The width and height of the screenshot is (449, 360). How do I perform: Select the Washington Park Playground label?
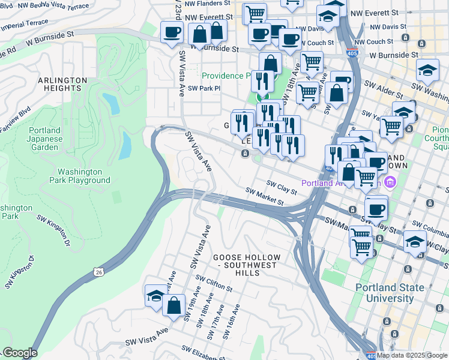tap(80, 175)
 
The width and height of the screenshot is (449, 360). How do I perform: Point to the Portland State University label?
tap(393, 293)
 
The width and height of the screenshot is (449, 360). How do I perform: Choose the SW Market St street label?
tap(265, 197)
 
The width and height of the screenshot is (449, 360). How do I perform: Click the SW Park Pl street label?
tap(204, 88)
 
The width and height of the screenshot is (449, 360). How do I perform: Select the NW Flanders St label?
tap(208, 3)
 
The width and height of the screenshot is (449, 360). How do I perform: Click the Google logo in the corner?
tap(19, 353)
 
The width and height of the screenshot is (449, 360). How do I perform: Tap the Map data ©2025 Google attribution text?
tap(412, 355)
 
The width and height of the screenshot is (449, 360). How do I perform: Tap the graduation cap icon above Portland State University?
tap(415, 242)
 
